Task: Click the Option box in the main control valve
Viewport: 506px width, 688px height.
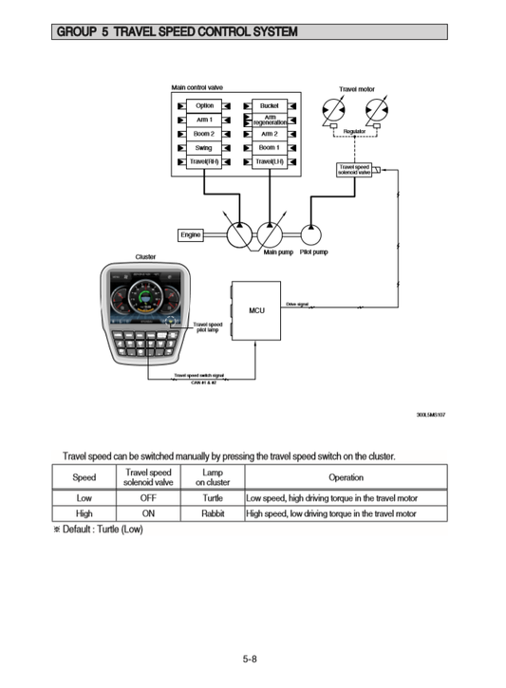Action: (204, 106)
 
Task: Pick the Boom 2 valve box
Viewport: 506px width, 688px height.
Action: (204, 134)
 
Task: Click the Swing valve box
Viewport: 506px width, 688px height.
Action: (204, 148)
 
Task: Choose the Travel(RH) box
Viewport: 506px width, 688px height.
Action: (204, 161)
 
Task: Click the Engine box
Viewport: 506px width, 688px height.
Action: (190, 234)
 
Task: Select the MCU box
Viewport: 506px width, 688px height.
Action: (255, 310)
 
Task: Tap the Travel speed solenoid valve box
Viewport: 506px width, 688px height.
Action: (354, 170)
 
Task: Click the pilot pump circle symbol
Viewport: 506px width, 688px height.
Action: (312, 234)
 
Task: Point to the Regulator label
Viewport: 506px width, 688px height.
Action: (354, 131)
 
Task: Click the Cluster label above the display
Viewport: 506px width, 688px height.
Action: (145, 256)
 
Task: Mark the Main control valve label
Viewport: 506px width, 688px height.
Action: (197, 87)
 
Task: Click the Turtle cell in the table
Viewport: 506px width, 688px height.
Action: (213, 497)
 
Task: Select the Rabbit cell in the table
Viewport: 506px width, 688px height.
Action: (213, 513)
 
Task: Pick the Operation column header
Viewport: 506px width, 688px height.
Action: (346, 477)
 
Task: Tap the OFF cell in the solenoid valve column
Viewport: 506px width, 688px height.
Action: (148, 497)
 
